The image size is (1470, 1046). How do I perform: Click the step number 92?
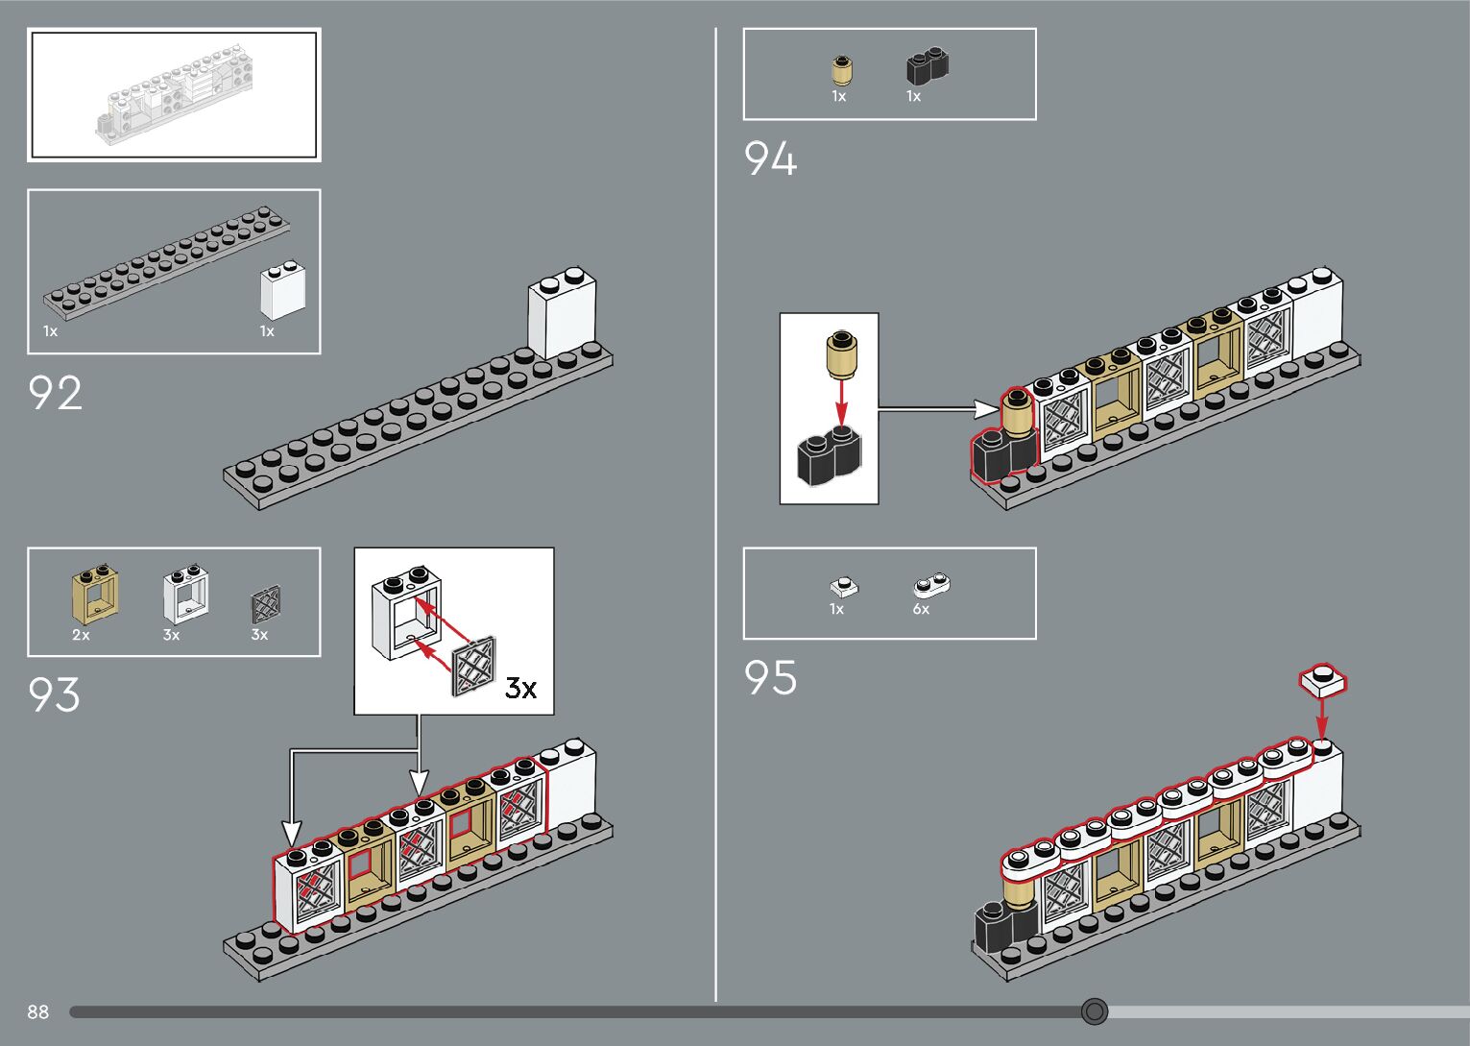click(56, 393)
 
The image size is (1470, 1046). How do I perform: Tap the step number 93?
click(55, 694)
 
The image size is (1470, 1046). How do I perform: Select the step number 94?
click(770, 158)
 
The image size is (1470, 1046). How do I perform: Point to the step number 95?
click(770, 677)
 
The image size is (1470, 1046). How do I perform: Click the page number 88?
click(38, 1011)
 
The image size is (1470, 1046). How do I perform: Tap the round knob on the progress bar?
click(1095, 1011)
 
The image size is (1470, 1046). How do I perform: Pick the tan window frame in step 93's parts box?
click(95, 596)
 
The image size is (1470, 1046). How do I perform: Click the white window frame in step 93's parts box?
click(186, 596)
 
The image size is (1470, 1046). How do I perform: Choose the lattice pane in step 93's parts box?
click(266, 603)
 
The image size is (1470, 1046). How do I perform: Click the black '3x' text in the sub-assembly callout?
click(520, 688)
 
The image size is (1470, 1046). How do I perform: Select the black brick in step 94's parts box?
click(928, 67)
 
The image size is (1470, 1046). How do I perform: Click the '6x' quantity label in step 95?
click(921, 609)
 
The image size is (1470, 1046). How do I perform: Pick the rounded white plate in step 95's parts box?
click(930, 584)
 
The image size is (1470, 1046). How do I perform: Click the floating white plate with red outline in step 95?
click(1323, 680)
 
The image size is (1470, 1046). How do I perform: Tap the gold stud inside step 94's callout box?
click(841, 353)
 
